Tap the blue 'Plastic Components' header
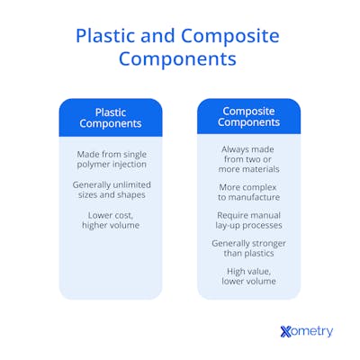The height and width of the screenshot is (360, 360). (111, 118)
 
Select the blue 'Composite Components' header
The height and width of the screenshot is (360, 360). (249, 117)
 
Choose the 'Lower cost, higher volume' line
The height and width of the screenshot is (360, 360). (111, 220)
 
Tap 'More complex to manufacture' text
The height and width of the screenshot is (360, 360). (249, 191)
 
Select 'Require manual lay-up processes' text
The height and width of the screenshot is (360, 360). (249, 220)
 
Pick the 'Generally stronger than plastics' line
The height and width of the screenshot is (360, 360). (249, 248)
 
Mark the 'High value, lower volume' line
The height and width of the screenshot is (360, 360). (249, 276)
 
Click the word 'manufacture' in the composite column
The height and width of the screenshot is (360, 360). (254, 197)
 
